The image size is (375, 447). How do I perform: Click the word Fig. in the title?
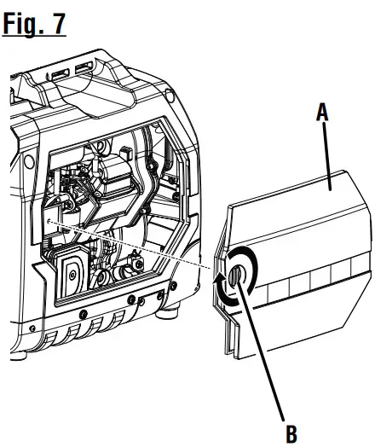pyautogui.click(x=22, y=24)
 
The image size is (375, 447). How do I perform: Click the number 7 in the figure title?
pyautogui.click(x=58, y=24)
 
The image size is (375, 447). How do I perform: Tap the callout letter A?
pyautogui.click(x=322, y=112)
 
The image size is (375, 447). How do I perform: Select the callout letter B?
pyautogui.click(x=291, y=433)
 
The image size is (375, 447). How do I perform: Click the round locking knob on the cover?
pyautogui.click(x=236, y=276)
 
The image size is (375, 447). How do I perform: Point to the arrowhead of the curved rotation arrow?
pyautogui.click(x=219, y=277)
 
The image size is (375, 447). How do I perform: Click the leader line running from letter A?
pyautogui.click(x=326, y=156)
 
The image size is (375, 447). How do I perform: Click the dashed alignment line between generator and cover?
pyautogui.click(x=129, y=244)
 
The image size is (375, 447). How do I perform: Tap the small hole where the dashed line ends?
pyautogui.click(x=48, y=220)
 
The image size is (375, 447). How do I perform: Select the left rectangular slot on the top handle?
pyautogui.click(x=61, y=74)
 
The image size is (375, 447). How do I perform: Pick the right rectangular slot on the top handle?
pyautogui.click(x=84, y=68)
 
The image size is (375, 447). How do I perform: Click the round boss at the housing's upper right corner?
pyautogui.click(x=170, y=96)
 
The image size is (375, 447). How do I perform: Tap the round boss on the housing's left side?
pyautogui.click(x=29, y=161)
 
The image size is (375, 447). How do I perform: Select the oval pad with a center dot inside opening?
pyautogui.click(x=72, y=274)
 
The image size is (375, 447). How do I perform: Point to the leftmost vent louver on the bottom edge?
pyautogui.click(x=51, y=339)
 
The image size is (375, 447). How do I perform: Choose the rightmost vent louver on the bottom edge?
pyautogui.click(x=119, y=317)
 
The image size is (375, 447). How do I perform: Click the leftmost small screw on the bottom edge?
pyautogui.click(x=33, y=328)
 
